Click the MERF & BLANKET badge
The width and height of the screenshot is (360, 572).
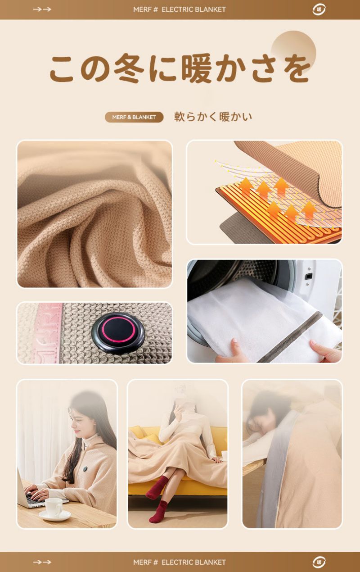pyautogui.click(x=134, y=117)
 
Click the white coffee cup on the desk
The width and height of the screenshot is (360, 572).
pyautogui.click(x=54, y=508)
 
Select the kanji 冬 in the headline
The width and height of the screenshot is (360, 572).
pyautogui.click(x=129, y=68)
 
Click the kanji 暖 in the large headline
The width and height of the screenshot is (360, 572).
pyautogui.click(x=197, y=68)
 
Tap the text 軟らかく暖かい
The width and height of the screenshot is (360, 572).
pyautogui.click(x=213, y=117)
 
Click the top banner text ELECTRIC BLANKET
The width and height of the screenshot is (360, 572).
pyautogui.click(x=193, y=9)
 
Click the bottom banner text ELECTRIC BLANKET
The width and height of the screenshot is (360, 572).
pyautogui.click(x=193, y=562)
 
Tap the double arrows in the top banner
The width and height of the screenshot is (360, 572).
pyautogui.click(x=42, y=9)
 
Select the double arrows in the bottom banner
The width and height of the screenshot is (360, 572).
pyautogui.click(x=42, y=562)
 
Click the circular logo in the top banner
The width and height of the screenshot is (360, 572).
pyautogui.click(x=319, y=10)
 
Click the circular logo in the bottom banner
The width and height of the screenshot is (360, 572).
pyautogui.click(x=319, y=562)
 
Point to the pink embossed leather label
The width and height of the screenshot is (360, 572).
pyautogui.click(x=49, y=333)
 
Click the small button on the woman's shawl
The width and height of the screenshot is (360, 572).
pyautogui.click(x=85, y=468)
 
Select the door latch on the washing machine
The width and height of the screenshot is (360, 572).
pyautogui.click(x=309, y=276)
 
